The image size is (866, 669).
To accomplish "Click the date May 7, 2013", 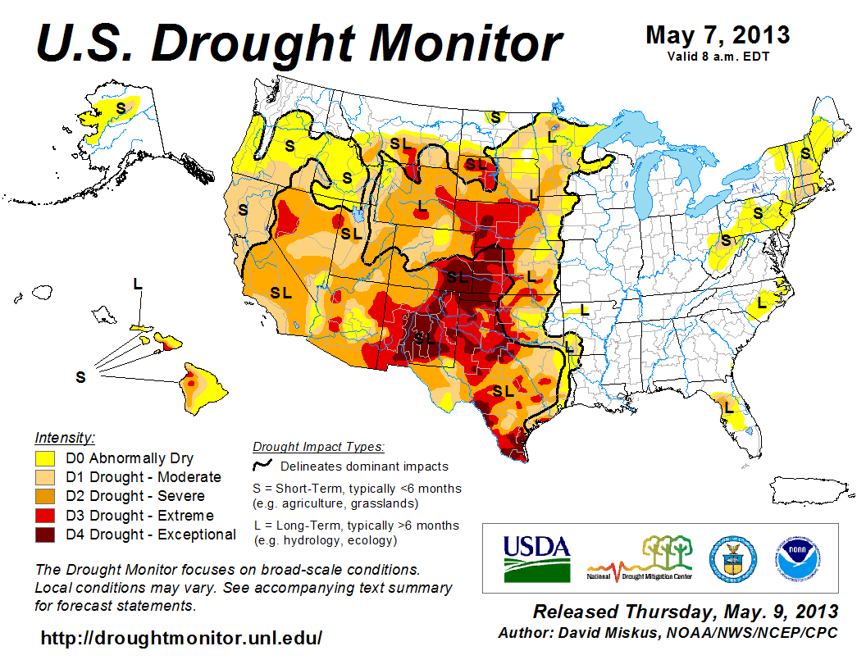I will pos(718,35).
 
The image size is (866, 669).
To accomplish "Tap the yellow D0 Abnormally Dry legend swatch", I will pos(44,458).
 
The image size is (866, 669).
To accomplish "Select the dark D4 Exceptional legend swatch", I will pos(44,535).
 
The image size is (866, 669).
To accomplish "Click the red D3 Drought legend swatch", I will pos(44,516).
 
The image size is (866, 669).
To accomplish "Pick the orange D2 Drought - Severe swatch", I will pos(44,496).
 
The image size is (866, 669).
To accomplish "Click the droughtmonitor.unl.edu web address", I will pos(181,637).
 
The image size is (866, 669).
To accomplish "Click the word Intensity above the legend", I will pos(65,437).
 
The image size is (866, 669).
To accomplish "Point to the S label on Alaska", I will pos(121,107).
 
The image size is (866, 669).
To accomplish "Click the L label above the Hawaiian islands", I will pos(137,284).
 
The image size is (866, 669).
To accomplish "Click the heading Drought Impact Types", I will pos(317,447).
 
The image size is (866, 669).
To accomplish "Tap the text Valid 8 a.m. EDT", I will pos(718,56).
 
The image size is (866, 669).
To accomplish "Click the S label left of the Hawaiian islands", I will pos(80,377).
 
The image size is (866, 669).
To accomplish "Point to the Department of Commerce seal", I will pos(732,557).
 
